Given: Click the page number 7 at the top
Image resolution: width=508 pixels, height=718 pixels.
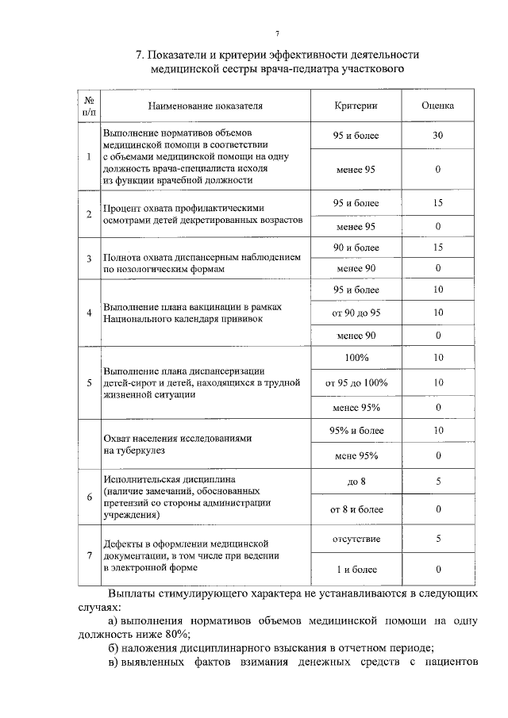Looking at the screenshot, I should point(277,33).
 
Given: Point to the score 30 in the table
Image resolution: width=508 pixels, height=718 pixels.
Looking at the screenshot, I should point(437,136).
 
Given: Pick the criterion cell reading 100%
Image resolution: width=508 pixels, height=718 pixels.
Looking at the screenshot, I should point(356,358).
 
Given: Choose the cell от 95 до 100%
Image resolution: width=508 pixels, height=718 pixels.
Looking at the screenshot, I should point(356,382).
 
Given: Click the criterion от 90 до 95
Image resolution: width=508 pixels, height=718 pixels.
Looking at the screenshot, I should point(356,312).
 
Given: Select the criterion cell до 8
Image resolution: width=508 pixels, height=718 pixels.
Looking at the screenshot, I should point(356,482).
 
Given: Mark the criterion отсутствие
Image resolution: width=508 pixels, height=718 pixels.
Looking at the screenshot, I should point(356,539).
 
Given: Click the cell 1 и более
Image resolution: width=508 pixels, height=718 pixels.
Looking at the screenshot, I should point(356,570).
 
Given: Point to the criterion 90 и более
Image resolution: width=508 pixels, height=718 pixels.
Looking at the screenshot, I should point(356,248).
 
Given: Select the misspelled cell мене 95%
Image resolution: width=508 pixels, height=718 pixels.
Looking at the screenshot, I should point(356,455).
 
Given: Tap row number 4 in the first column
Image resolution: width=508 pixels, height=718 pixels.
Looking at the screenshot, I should point(89,313).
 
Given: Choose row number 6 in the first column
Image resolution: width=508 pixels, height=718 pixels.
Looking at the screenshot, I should point(89,495).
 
